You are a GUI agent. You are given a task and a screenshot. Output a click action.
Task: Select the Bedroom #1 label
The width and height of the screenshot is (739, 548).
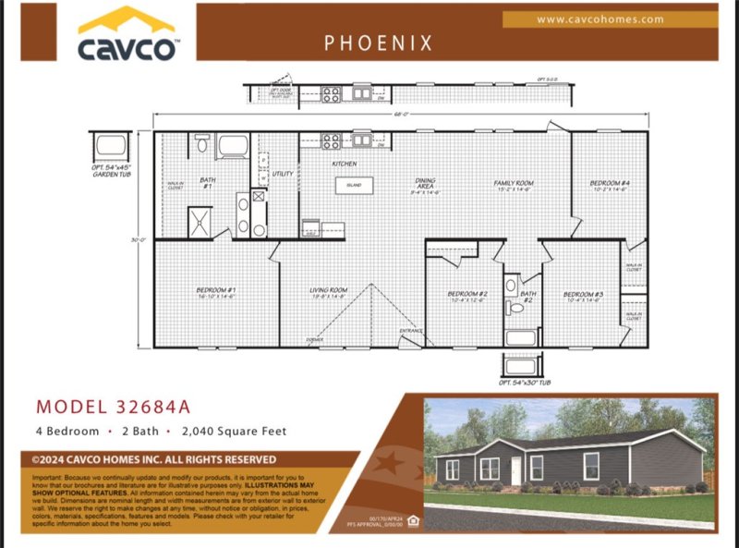coord(215,294)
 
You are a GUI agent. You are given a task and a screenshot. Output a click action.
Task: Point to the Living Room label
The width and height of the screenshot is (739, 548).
coord(328,294)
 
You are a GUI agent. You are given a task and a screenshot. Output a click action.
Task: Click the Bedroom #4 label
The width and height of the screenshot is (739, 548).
coord(610,186)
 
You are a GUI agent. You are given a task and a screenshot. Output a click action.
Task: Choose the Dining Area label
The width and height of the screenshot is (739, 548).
coord(425,185)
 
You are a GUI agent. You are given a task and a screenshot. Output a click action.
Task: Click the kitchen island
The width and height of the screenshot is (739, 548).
coord(355,185)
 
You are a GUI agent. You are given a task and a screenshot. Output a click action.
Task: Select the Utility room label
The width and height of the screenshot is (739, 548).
coord(283,174)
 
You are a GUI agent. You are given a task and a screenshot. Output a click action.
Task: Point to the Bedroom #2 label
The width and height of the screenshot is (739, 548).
coord(466,297)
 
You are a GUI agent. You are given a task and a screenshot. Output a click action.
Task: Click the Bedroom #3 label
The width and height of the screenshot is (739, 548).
coord(582,297)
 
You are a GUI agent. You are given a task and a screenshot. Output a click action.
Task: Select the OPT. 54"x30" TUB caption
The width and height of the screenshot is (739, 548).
coord(524,382)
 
